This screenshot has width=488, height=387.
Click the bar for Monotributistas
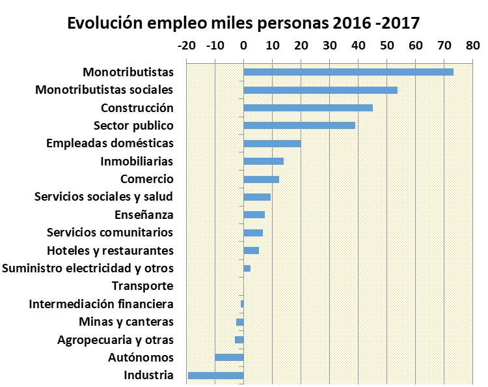click(x=348, y=72)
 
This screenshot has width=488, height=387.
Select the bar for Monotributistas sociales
click(x=320, y=90)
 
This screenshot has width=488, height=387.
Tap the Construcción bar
click(x=308, y=107)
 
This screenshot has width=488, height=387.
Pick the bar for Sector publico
click(x=299, y=125)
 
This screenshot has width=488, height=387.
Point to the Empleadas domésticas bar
click(x=272, y=143)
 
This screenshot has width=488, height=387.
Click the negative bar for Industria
click(x=215, y=375)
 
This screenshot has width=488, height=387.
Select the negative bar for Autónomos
click(x=229, y=357)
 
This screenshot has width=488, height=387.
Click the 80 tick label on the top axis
click(x=472, y=46)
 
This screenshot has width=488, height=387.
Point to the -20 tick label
click(x=185, y=46)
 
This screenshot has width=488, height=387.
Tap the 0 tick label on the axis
click(x=243, y=46)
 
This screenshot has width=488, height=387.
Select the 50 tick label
click(x=386, y=46)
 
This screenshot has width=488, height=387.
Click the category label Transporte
click(x=142, y=286)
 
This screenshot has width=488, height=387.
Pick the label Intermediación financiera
click(x=101, y=304)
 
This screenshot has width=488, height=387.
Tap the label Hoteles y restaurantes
click(x=110, y=250)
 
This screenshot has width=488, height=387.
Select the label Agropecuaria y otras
click(x=115, y=339)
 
